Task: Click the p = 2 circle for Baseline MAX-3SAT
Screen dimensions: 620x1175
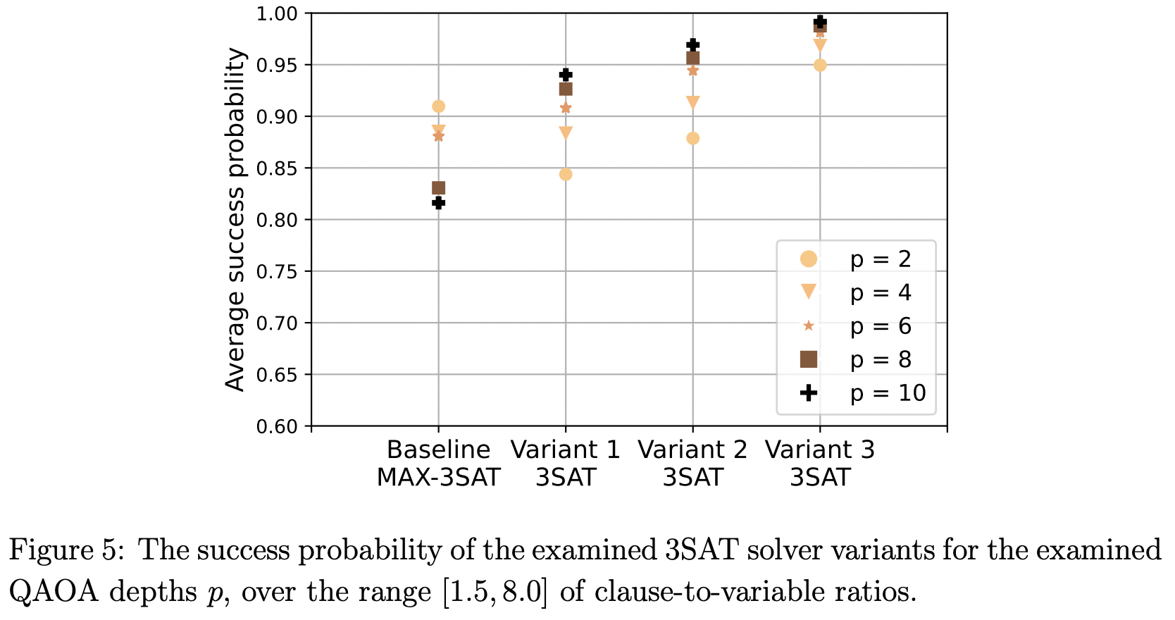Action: (438, 106)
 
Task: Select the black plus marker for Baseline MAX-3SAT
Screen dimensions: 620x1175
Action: (438, 203)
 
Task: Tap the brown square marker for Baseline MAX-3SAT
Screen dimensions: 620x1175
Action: (438, 188)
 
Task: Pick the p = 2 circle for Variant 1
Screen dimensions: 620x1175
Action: (566, 175)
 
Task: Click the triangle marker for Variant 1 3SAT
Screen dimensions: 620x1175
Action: (566, 132)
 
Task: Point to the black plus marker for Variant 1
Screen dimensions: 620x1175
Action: (566, 75)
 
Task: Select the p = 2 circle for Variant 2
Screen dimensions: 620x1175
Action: (692, 139)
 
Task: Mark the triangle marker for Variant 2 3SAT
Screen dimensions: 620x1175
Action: (692, 102)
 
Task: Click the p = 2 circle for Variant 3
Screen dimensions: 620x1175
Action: (820, 66)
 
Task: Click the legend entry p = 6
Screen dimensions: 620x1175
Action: (881, 326)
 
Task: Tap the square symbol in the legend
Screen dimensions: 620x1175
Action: (809, 359)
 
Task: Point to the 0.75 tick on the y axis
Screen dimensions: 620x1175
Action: (279, 272)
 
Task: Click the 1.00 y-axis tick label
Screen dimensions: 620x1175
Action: (279, 14)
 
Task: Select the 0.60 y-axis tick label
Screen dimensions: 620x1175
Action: (279, 427)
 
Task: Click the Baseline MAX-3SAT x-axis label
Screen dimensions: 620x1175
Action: (438, 464)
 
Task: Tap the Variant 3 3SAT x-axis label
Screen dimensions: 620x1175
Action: (820, 464)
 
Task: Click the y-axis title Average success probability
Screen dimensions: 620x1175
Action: (235, 219)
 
